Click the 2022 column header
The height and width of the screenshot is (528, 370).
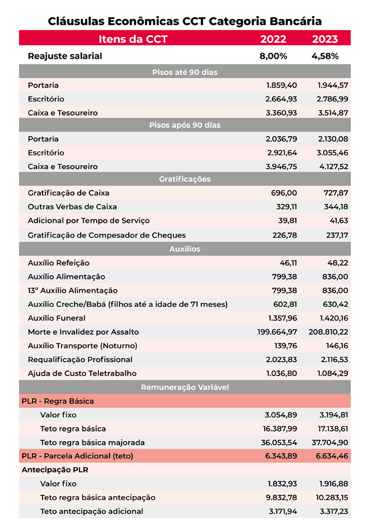(x=273, y=39)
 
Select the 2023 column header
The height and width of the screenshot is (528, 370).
(x=325, y=39)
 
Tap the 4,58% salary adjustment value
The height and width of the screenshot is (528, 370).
(x=325, y=56)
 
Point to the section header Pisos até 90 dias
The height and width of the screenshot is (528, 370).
(x=184, y=72)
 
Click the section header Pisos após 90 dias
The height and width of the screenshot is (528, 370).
(x=184, y=125)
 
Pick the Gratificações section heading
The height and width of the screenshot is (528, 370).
(x=184, y=179)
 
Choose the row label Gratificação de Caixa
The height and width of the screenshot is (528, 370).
(x=69, y=193)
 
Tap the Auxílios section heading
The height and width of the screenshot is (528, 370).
(x=184, y=249)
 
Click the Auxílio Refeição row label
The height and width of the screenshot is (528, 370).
(x=59, y=262)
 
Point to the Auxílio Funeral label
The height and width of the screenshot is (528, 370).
(x=57, y=318)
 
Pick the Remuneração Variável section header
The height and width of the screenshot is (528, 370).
(x=184, y=388)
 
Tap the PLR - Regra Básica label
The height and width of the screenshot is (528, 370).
(x=58, y=401)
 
